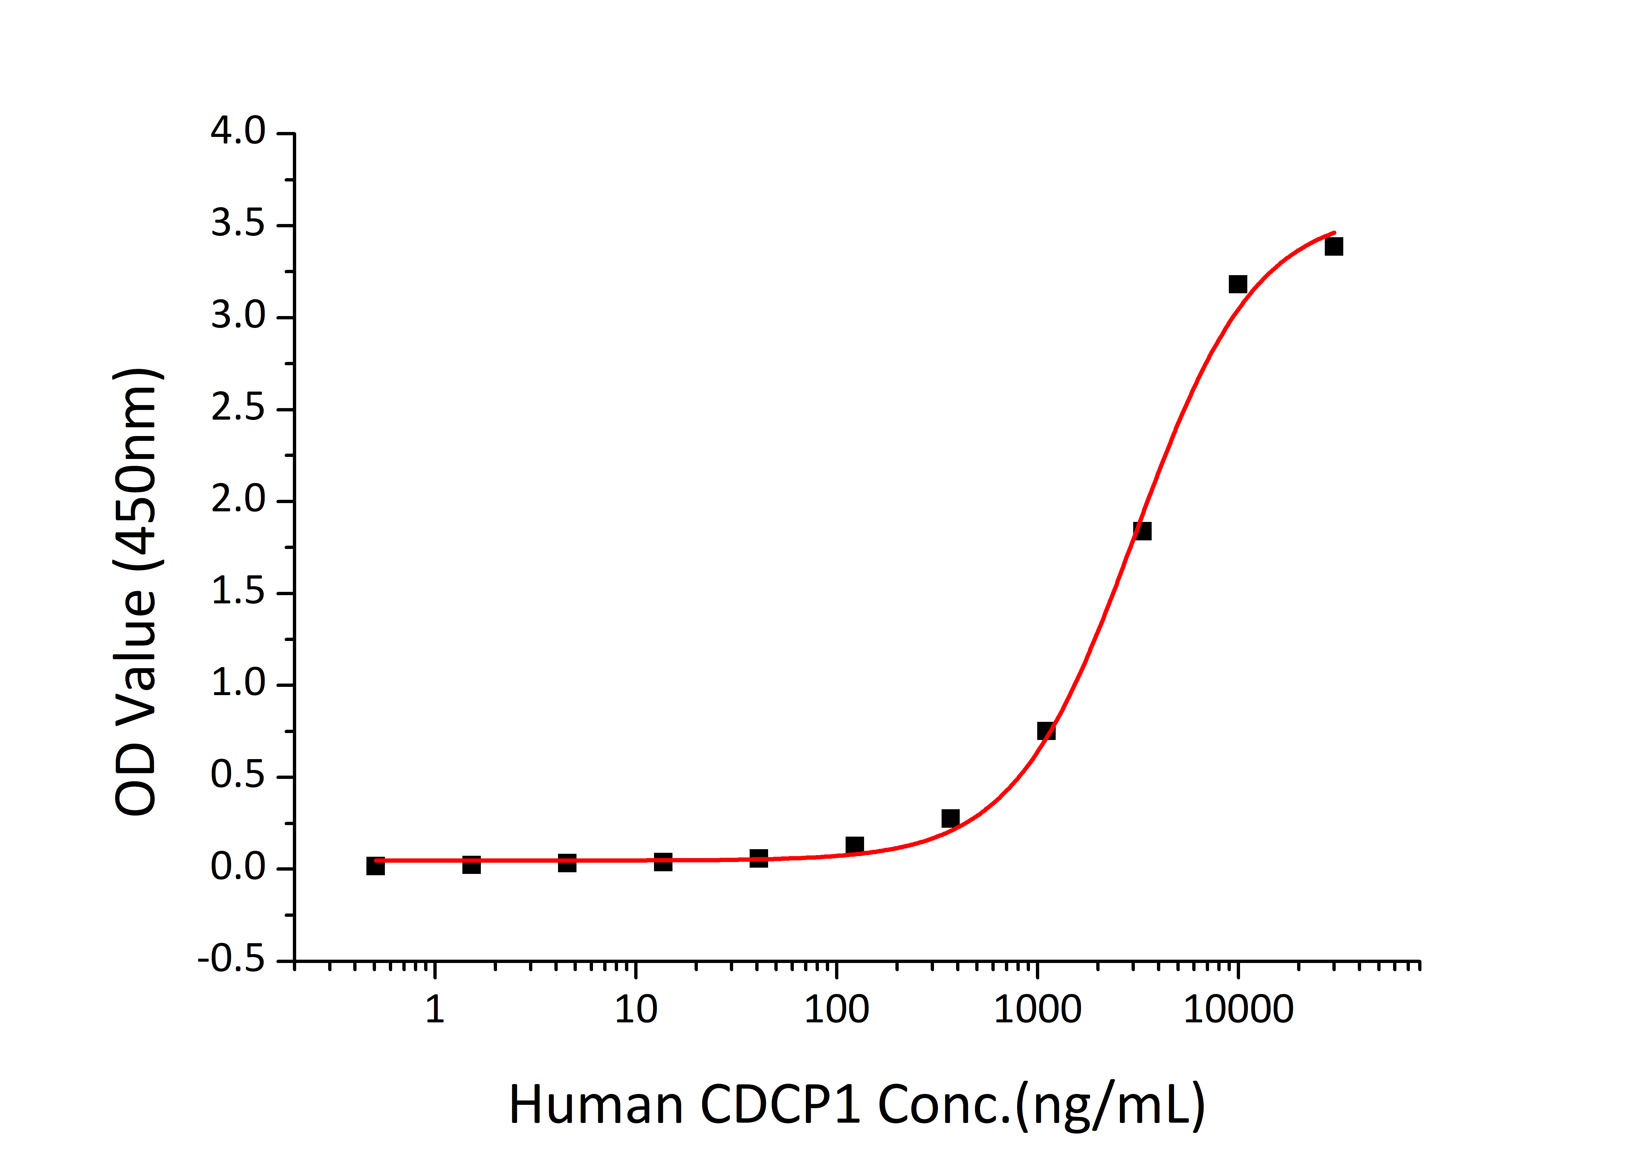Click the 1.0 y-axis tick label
[x=238, y=684]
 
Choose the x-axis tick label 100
[x=836, y=1010]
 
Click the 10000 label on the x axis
[x=1238, y=1010]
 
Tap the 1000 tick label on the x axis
[x=1037, y=1010]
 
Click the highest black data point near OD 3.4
[x=1334, y=246]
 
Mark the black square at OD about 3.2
[x=1237, y=284]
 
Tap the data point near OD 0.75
[x=1046, y=731]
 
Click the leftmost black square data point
[x=375, y=866]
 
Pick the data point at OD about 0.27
[x=950, y=818]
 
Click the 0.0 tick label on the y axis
[x=238, y=868]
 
